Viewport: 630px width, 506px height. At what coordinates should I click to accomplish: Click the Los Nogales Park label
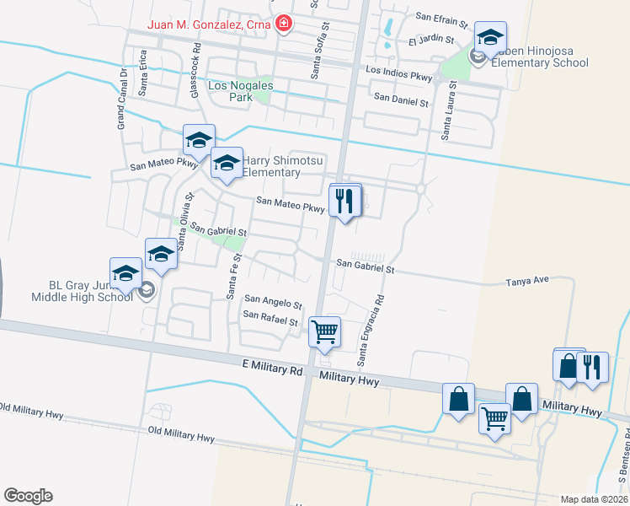pyautogui.click(x=230, y=91)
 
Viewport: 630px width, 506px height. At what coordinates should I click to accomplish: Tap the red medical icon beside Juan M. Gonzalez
pyautogui.click(x=284, y=24)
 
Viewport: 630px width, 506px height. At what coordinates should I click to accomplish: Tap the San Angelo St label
pyautogui.click(x=273, y=302)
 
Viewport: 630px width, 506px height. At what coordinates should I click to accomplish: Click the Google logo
pyautogui.click(x=28, y=496)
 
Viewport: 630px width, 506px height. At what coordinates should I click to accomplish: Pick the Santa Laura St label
pyautogui.click(x=450, y=110)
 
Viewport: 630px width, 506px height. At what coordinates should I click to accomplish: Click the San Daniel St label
pyautogui.click(x=402, y=100)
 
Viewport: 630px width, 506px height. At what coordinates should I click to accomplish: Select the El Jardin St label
pyautogui.click(x=431, y=40)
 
